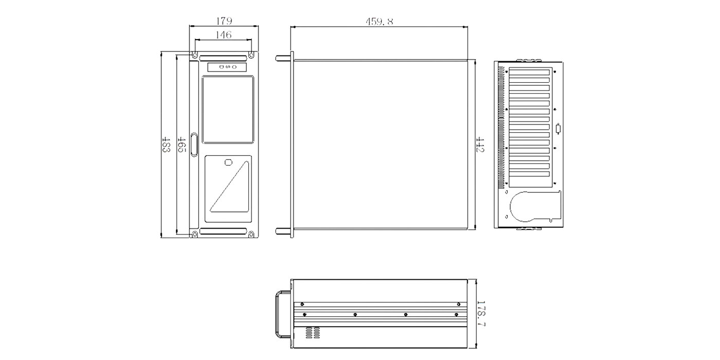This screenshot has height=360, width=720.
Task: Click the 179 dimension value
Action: click(224, 21)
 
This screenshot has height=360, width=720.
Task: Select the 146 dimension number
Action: click(223, 35)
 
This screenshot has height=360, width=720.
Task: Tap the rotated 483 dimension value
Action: click(166, 145)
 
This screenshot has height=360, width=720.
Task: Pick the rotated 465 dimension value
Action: click(181, 145)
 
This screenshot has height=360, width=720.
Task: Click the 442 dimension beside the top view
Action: click(480, 145)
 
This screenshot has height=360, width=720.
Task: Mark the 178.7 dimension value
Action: click(481, 314)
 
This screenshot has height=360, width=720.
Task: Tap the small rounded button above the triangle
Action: click(228, 163)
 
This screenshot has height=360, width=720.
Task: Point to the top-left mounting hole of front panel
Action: click(195, 55)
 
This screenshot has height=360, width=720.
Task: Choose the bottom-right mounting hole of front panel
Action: click(251, 235)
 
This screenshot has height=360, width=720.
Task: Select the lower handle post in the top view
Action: click(283, 231)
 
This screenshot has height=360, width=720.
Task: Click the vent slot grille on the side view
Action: click(314, 333)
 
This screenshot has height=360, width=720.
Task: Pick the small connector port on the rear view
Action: click(560, 129)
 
